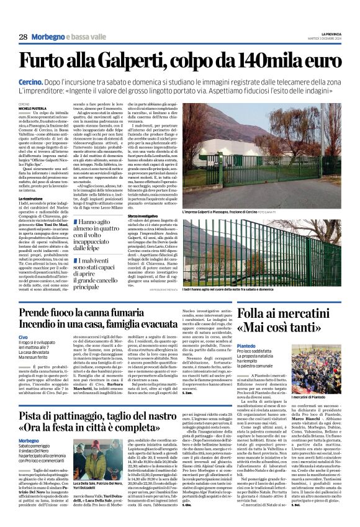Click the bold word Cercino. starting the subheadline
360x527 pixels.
pos(30,82)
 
